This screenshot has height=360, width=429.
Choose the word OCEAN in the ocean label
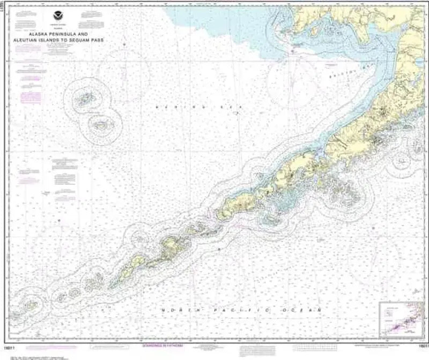tap(307, 311)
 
